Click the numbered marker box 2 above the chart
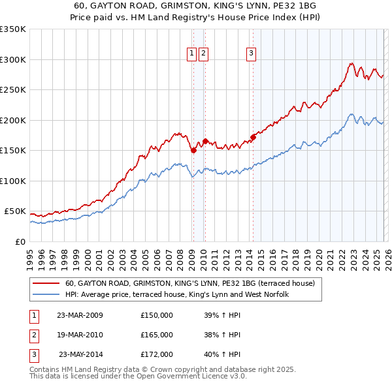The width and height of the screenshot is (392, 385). (x=204, y=54)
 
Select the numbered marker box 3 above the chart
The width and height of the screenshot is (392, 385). (x=252, y=54)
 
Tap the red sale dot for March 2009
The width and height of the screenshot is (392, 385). (x=193, y=151)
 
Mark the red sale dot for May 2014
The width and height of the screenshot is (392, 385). (x=253, y=137)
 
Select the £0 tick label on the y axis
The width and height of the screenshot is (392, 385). (x=20, y=241)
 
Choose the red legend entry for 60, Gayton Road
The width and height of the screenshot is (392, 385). (x=189, y=283)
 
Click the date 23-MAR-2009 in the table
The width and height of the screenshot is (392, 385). (x=80, y=315)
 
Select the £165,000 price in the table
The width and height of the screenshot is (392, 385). (x=157, y=335)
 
